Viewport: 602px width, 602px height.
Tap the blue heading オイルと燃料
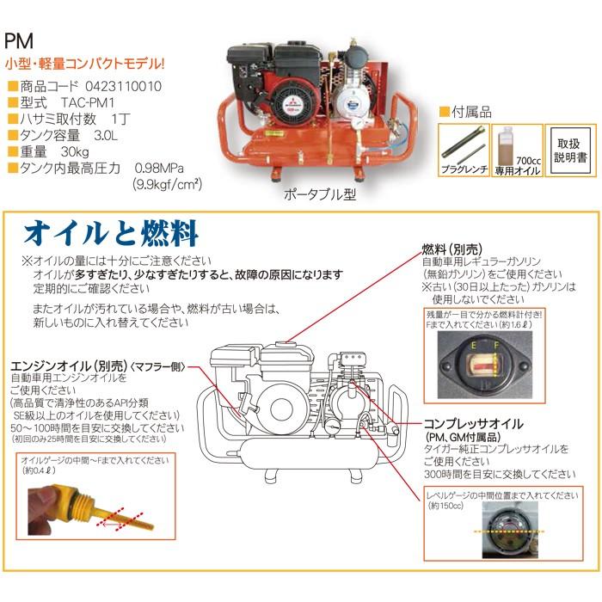coord(112,232)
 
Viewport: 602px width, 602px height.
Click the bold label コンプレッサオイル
coord(475,424)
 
